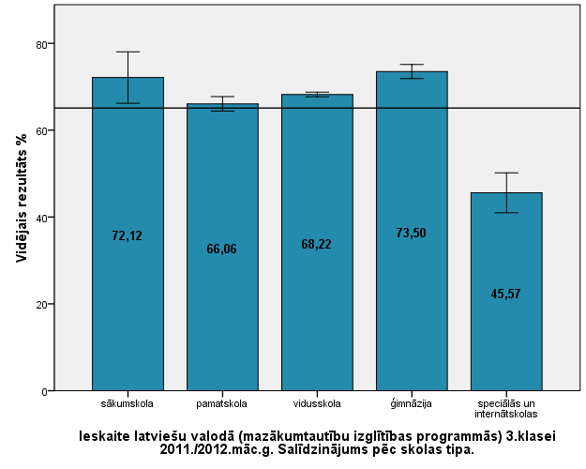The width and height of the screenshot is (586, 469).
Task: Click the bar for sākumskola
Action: pyautogui.click(x=128, y=281)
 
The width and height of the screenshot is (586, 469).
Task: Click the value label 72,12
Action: pyautogui.click(x=128, y=236)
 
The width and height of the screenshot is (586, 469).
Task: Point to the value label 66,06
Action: pyautogui.click(x=222, y=250)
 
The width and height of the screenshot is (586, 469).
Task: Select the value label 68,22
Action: pyautogui.click(x=317, y=244)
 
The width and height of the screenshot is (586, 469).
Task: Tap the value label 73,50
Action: pyautogui.click(x=412, y=233)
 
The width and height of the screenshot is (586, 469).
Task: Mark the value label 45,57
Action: pyautogui.click(x=505, y=294)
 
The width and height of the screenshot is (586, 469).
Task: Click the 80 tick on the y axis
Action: pyautogui.click(x=42, y=44)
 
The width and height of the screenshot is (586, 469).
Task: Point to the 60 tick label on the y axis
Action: pyautogui.click(x=42, y=130)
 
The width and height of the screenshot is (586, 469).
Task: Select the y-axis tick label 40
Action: pyautogui.click(x=42, y=218)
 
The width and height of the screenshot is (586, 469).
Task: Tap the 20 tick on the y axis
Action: pyautogui.click(x=42, y=304)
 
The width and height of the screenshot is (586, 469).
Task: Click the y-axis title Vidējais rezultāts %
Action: pyautogui.click(x=22, y=198)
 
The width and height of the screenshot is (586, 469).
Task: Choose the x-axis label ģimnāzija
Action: pyautogui.click(x=412, y=404)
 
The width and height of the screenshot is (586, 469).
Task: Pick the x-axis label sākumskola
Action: pyautogui.click(x=128, y=404)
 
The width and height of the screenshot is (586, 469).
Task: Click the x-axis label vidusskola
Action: pyautogui.click(x=317, y=404)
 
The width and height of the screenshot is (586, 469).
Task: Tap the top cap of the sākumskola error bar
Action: pyautogui.click(x=128, y=52)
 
